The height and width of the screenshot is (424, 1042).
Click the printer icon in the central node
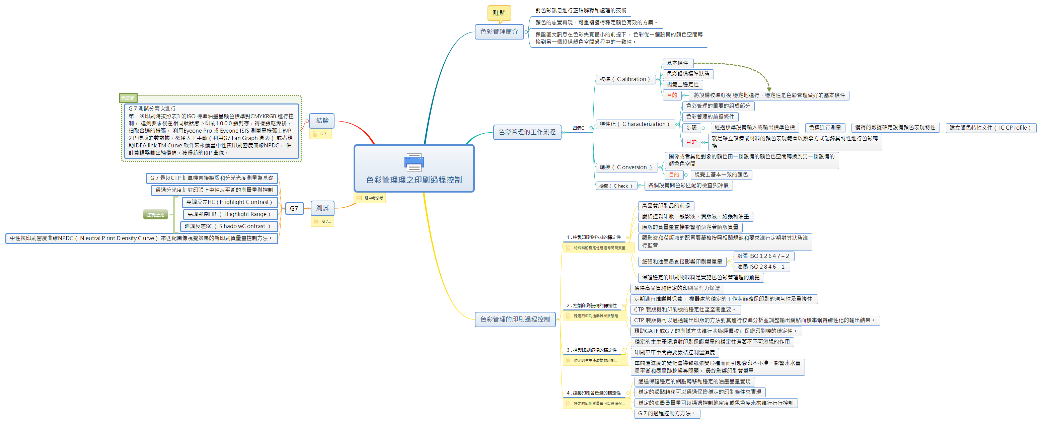tap(414, 163)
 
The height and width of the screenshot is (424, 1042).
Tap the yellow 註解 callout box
tap(499, 12)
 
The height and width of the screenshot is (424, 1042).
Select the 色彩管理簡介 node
tap(499, 31)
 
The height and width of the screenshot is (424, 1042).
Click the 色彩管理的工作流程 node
tap(527, 132)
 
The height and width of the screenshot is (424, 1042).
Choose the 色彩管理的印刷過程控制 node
tap(515, 319)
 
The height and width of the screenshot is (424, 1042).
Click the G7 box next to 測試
tap(294, 208)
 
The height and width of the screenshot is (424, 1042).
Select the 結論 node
tap(322, 121)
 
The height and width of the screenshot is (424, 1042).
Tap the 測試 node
tap(322, 208)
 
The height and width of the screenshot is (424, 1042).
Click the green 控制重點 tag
tap(155, 215)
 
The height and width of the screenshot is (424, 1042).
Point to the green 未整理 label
tap(128, 98)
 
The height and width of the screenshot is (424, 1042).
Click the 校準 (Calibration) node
tap(624, 79)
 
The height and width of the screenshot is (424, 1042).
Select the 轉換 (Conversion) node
tap(625, 167)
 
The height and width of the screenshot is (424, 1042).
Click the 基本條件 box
tap(678, 63)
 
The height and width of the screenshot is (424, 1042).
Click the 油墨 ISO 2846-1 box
tap(760, 267)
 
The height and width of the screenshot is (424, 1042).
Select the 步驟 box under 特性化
tap(691, 128)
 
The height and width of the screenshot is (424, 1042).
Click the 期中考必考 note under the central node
tap(369, 198)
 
